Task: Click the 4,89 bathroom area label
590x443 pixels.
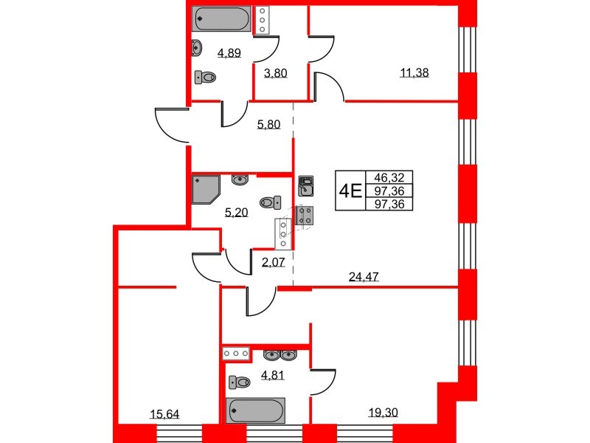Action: pos(229,52)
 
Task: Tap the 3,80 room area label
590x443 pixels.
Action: pos(275,72)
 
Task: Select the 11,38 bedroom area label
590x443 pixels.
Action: pos(414,72)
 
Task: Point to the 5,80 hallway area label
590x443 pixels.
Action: pos(268,124)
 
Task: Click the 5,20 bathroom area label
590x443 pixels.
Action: pos(236,213)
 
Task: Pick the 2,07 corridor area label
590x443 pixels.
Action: pos(273,262)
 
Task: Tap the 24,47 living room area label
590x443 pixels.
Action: pos(364,277)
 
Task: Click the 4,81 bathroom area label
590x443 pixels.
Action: pos(273,375)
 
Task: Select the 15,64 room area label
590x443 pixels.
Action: pos(164,414)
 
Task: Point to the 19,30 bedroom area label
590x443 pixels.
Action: pos(383,413)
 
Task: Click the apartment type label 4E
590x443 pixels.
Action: pos(350,191)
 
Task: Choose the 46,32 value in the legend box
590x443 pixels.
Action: pos(389,177)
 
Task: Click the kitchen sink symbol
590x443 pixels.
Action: pos(305,186)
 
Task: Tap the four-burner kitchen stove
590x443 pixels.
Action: pos(305,216)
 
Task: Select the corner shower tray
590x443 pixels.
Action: pos(206,189)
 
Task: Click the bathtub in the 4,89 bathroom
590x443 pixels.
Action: pos(221,18)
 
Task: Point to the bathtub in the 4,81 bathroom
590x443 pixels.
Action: pos(255,411)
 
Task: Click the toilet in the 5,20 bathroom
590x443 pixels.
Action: pos(271,202)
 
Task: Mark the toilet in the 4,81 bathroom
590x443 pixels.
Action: pos(239,382)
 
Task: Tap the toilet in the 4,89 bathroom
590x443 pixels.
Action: pos(205,78)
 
